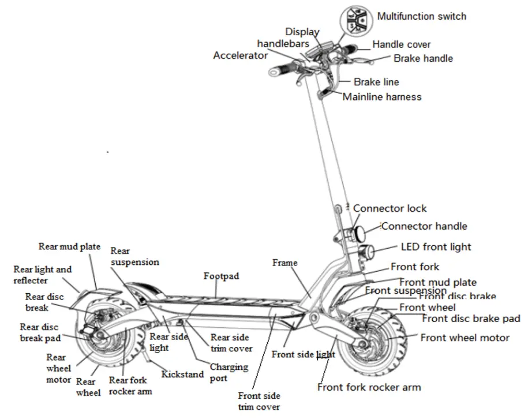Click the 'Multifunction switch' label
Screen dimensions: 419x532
tap(421, 16)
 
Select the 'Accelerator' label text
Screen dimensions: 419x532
tap(240, 55)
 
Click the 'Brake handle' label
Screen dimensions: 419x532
tap(423, 58)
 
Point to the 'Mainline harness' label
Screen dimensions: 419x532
tap(382, 97)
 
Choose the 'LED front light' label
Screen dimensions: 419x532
tap(436, 247)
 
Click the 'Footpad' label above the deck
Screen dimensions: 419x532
tap(221, 276)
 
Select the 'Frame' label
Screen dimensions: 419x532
tap(284, 263)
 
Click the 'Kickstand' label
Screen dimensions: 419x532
tap(182, 374)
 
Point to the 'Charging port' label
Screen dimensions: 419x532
tap(228, 372)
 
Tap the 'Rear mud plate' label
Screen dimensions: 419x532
tap(69, 246)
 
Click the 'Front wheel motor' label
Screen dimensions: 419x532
tap(464, 338)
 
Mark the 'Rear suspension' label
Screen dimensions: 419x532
tap(134, 256)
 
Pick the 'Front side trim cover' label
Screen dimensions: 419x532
tap(259, 401)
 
